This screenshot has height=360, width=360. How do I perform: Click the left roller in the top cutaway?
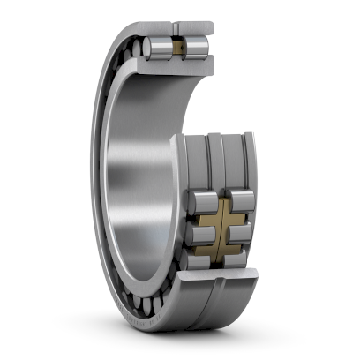click(x=160, y=47)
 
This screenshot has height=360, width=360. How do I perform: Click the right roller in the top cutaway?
click(x=197, y=46)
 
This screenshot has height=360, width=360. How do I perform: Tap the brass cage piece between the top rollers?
click(x=178, y=46)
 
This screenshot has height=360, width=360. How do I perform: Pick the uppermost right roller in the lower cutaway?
click(x=242, y=199)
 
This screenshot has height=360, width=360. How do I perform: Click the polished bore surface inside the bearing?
click(x=132, y=176)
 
